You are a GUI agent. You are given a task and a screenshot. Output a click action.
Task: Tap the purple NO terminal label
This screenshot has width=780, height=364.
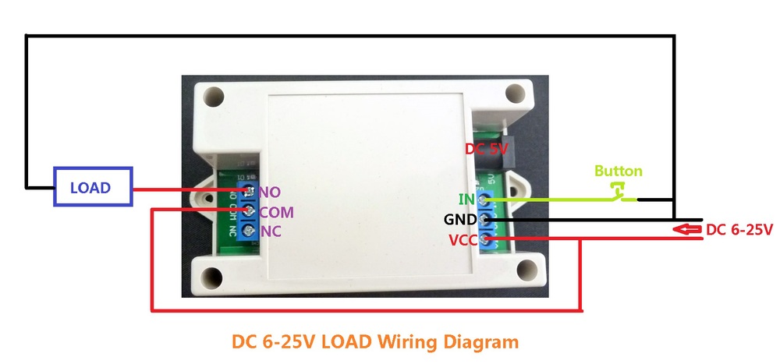270,191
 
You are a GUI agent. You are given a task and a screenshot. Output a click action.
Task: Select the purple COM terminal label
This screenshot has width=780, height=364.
277,211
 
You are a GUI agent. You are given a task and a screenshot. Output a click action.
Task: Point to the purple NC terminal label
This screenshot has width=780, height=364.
270,231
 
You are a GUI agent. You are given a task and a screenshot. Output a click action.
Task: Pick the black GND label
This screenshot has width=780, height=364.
461,220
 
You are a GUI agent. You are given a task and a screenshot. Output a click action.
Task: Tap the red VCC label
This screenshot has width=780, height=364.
463,239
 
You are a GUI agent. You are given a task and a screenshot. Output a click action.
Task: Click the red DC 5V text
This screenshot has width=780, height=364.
487,149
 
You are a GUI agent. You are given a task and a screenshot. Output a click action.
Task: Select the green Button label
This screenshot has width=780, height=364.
619,171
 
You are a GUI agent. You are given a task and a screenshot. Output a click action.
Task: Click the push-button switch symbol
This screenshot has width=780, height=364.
620,192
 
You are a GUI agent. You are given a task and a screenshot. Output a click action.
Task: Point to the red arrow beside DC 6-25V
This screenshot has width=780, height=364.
687,229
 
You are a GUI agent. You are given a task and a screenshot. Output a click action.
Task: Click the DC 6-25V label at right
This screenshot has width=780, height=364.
739,230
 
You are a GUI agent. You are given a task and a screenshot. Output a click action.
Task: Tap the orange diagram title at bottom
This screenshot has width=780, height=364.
375,341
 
